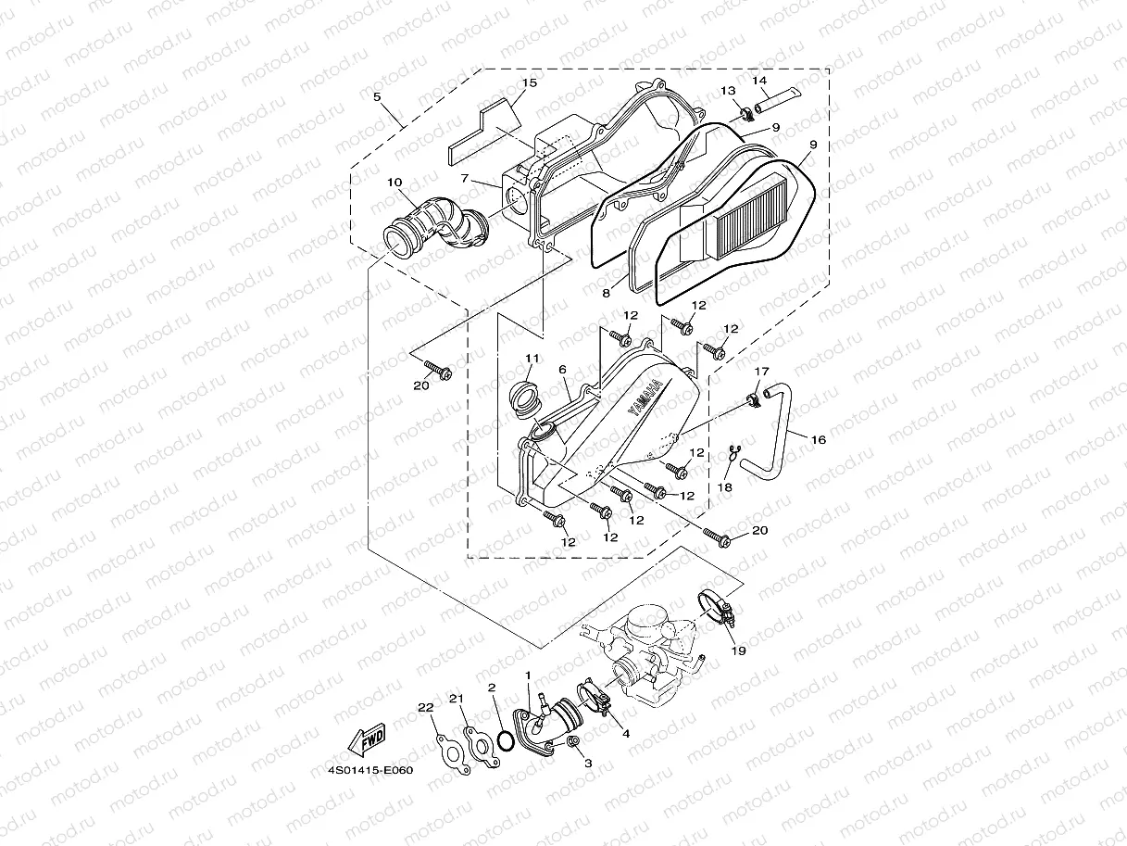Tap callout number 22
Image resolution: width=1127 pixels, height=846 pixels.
[425, 708]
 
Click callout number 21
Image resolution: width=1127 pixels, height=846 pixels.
[456, 698]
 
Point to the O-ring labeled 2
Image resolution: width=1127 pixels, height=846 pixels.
[505, 741]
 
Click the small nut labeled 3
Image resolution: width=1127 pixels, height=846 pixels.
[573, 743]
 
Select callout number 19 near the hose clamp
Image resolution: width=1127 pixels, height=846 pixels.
[738, 650]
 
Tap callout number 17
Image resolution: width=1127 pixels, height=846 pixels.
[761, 372]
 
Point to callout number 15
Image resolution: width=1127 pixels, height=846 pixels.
[528, 83]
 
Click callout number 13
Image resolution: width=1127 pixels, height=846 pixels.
[728, 90]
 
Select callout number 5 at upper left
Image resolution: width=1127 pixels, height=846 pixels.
[377, 95]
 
